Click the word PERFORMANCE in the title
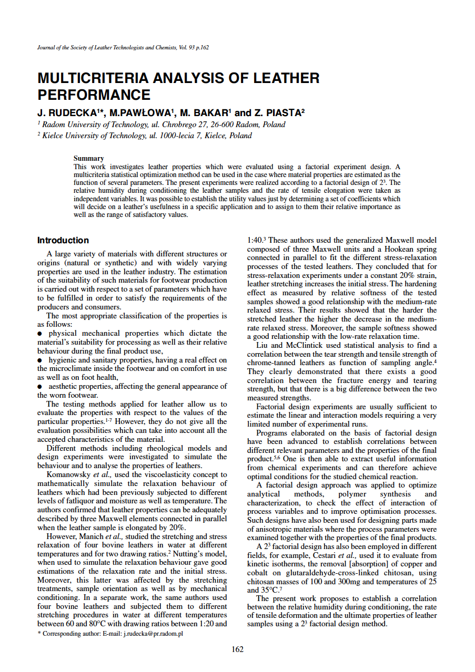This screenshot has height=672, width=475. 94,95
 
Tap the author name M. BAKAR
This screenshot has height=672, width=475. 204,113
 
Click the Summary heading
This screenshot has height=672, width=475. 88,158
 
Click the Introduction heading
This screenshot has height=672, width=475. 63,241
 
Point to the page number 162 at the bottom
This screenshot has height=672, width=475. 237,649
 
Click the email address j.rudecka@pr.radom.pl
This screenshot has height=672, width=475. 153,634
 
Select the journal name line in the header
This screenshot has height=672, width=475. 123,47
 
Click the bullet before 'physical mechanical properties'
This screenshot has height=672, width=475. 40,334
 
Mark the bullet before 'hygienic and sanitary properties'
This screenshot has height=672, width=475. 40,360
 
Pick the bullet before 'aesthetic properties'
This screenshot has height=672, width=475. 40,387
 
